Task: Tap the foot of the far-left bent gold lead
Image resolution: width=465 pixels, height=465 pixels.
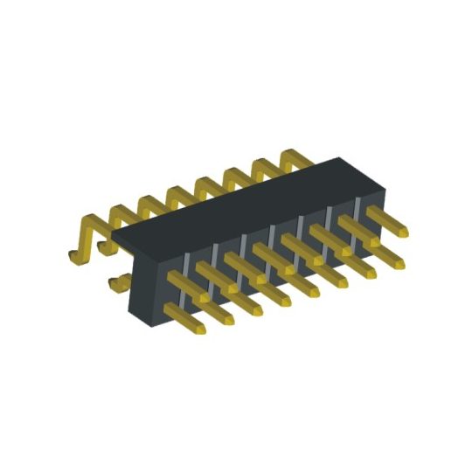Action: [75, 256]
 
